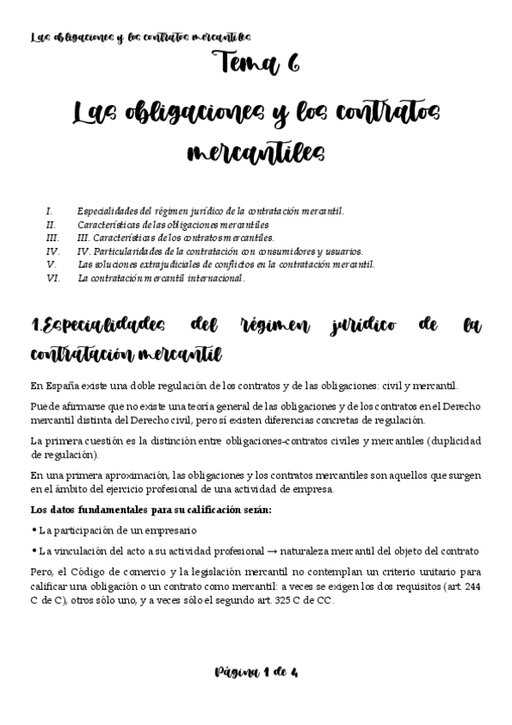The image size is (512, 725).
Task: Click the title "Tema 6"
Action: (x=256, y=65)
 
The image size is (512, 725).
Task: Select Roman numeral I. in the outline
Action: (x=50, y=210)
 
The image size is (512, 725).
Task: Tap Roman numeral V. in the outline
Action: (x=50, y=264)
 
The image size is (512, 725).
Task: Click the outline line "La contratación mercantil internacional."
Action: (x=161, y=278)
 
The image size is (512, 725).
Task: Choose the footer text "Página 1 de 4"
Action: (x=256, y=673)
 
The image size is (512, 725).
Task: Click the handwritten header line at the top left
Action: (x=140, y=37)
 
